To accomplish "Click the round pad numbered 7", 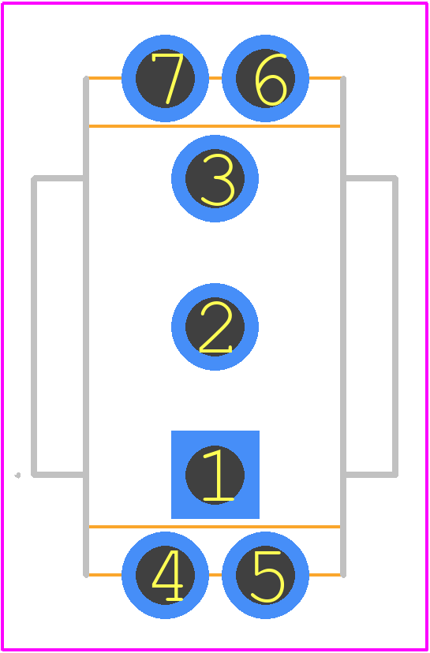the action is click(165, 78).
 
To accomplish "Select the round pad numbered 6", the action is click(265, 78).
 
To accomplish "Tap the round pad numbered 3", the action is click(215, 179).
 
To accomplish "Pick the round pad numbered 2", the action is click(215, 327).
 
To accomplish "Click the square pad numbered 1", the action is click(215, 475).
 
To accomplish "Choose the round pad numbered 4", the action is click(165, 575).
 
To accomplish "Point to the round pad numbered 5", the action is click(265, 575).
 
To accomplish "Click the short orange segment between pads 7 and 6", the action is click(215, 78).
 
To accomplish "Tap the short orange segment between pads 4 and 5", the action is click(215, 575).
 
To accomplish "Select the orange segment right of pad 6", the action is click(325, 78).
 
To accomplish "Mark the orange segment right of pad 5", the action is click(325, 575).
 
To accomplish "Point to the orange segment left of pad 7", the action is click(105, 78).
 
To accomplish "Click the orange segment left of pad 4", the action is click(105, 575).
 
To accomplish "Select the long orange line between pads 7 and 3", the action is click(215, 126).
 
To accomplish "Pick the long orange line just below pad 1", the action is click(215, 527).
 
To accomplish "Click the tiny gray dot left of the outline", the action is click(17, 476).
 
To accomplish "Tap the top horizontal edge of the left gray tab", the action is click(58, 179).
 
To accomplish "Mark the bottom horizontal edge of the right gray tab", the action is click(371, 475).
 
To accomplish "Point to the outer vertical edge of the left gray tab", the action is click(34, 327).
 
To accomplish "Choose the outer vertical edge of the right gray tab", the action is click(395, 327).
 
